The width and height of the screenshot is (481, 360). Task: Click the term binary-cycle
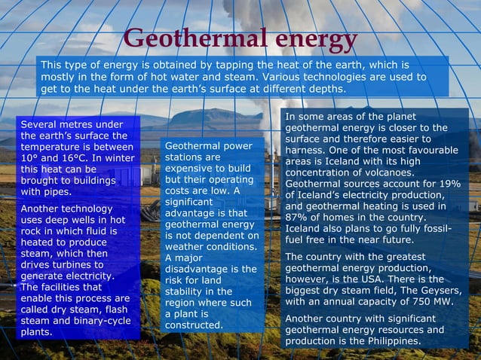point(104,320)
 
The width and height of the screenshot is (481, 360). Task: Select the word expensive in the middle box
point(189,169)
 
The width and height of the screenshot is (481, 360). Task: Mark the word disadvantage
point(200,269)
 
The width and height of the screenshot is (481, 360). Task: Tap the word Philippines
point(392,341)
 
